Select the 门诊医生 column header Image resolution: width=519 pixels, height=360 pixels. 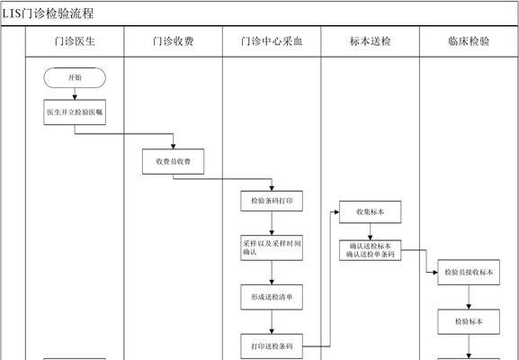coord(74,41)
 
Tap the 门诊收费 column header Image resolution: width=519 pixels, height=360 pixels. coord(173,41)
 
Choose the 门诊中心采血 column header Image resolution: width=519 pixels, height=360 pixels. coord(272,41)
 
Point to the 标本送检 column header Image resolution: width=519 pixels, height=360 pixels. coord(370,41)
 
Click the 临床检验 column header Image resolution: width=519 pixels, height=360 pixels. coord(468,41)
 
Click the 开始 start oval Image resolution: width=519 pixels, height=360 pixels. coord(74,77)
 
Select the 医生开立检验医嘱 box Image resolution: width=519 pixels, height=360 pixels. coord(74,112)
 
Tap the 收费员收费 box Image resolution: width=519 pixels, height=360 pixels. coord(173,161)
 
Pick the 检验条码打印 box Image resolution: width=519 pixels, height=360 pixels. coord(272,201)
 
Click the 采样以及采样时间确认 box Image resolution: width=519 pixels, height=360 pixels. coord(272,247)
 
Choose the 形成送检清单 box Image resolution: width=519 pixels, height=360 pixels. coord(272,295)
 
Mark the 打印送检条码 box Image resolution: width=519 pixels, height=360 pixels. coord(272,345)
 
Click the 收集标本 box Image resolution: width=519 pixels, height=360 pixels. coord(370,211)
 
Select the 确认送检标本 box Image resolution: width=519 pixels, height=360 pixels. coord(370,249)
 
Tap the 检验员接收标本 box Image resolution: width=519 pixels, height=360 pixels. coord(468,272)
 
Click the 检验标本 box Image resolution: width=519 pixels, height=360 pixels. coord(468,320)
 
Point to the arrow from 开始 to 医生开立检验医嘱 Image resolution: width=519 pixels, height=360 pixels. coord(74,95)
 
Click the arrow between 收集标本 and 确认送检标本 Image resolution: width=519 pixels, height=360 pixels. coord(370,230)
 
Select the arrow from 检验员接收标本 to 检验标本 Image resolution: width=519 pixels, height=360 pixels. coord(468,296)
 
